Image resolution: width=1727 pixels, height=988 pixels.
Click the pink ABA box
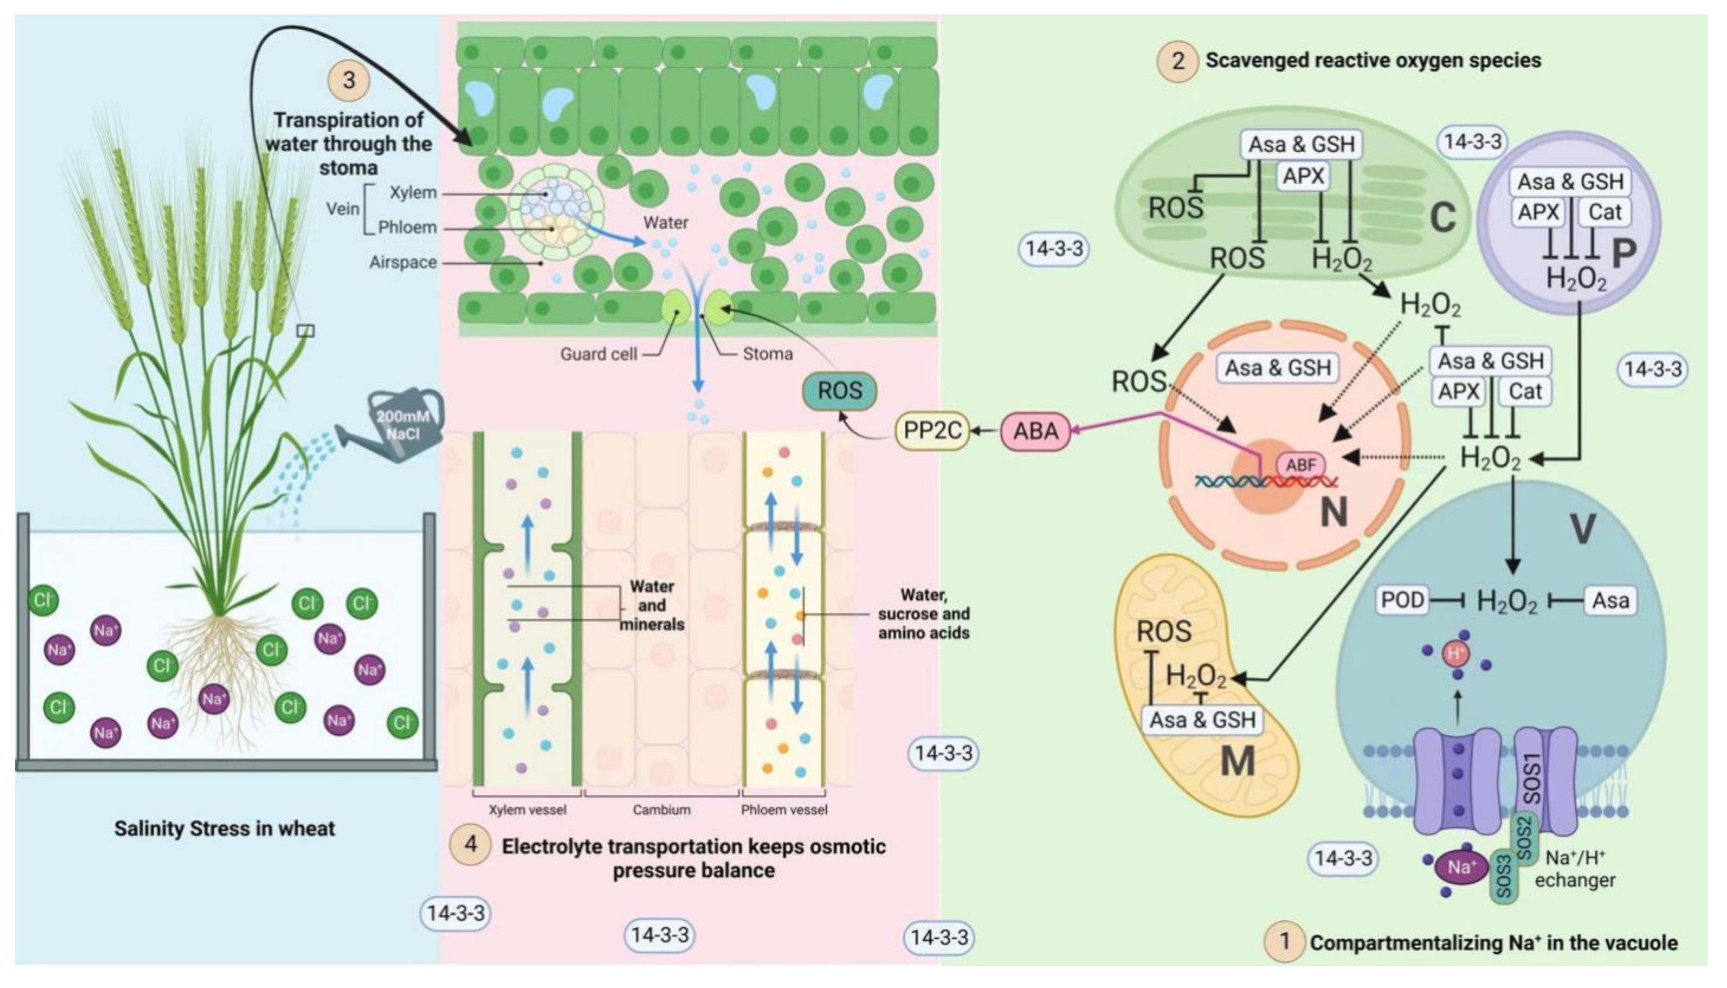[1035, 431]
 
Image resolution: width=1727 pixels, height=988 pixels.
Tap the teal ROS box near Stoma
[840, 391]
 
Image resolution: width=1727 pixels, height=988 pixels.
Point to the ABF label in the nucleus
[1301, 465]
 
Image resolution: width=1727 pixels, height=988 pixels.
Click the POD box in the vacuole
[1402, 600]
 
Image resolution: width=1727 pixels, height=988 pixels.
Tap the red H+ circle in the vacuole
[1455, 653]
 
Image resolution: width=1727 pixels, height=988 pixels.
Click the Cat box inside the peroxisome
[1604, 213]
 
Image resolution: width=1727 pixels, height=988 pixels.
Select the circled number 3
[349, 80]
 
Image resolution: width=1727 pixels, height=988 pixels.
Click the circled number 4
[470, 844]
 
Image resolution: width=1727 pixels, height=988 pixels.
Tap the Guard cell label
[598, 354]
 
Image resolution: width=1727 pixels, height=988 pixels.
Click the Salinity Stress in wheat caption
[224, 829]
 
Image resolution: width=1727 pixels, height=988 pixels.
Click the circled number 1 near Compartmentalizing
[1284, 942]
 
